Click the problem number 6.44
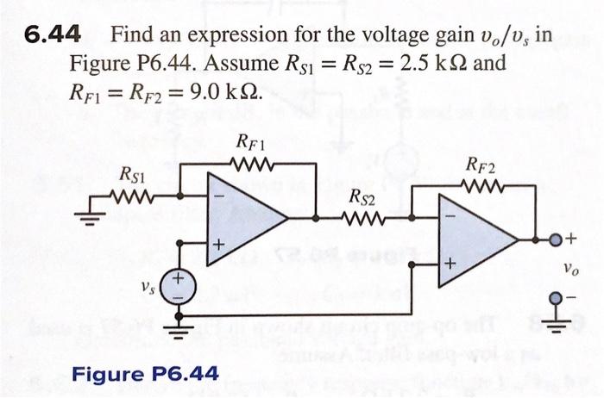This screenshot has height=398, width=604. (x=53, y=35)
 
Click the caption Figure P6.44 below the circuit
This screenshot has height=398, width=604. (x=145, y=374)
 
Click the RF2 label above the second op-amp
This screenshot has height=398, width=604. (x=480, y=165)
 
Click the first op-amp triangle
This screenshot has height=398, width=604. (x=242, y=219)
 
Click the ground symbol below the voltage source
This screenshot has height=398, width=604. (x=180, y=328)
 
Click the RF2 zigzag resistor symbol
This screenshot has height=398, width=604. (x=481, y=184)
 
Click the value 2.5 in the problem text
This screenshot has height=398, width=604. (x=424, y=64)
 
